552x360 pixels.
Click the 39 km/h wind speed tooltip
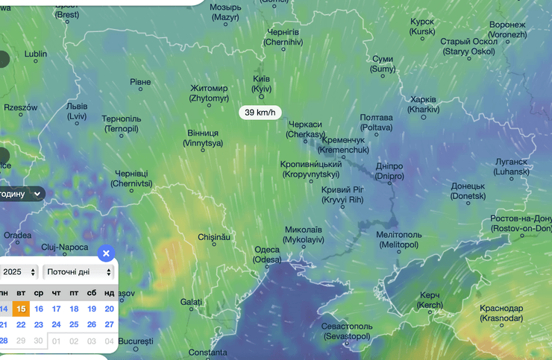(260, 113)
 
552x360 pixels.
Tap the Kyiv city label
(261, 83)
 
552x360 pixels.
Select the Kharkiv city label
(424, 104)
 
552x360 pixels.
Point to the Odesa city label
(267, 255)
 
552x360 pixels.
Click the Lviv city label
(77, 111)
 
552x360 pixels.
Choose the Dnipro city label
(389, 171)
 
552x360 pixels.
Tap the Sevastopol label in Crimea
(346, 331)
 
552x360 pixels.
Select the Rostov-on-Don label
(521, 223)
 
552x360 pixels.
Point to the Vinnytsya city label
(204, 138)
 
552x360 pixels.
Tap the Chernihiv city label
(283, 37)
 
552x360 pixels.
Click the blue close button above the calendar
(106, 253)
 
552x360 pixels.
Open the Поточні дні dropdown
(78, 272)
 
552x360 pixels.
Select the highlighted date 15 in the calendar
(21, 309)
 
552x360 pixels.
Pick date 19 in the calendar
(92, 309)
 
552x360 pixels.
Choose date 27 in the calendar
(109, 324)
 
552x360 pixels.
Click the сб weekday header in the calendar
(92, 292)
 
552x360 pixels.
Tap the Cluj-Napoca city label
(65, 247)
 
